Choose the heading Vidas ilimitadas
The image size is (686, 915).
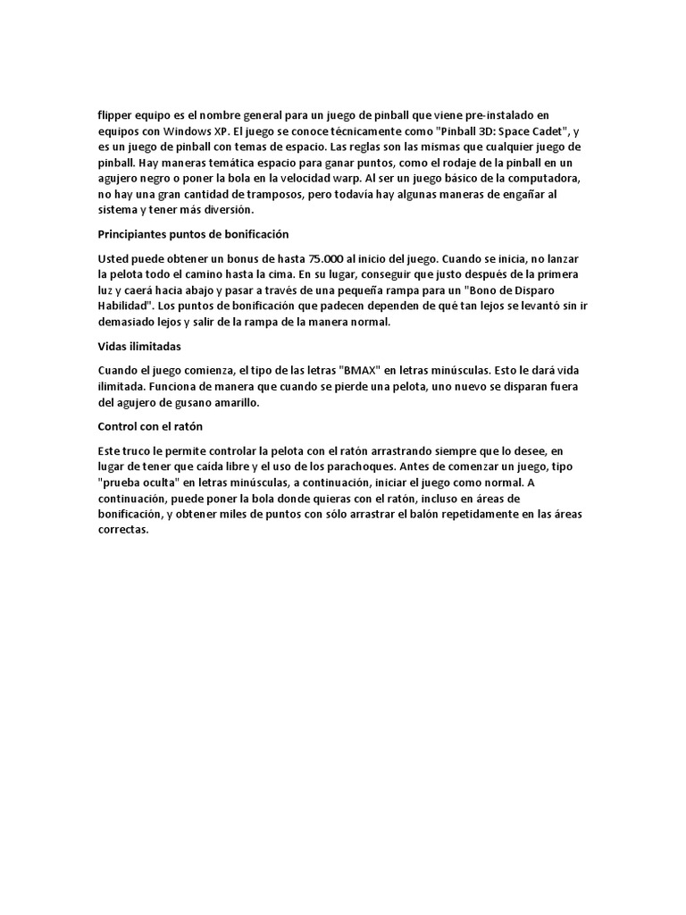pyautogui.click(x=138, y=347)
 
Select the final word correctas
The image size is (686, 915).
pyautogui.click(x=123, y=531)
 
